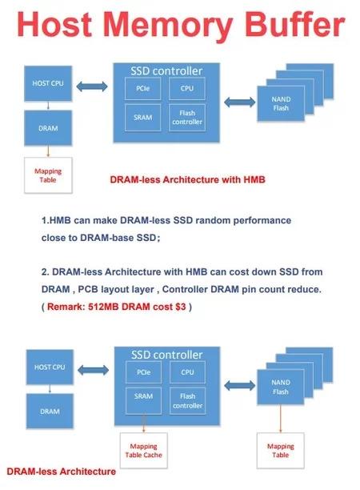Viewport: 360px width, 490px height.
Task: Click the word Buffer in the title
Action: pos(294,24)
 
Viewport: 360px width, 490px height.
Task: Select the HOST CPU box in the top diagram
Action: pos(48,83)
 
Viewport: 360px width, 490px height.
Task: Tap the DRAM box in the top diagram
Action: pos(48,128)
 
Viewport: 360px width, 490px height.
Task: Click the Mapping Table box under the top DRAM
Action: pos(48,175)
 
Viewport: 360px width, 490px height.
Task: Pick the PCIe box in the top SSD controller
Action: pos(143,88)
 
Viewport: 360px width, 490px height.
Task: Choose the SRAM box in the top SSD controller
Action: pos(143,118)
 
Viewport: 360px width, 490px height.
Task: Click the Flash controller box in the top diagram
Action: pos(187,118)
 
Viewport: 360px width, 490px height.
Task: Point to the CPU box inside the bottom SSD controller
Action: pos(187,372)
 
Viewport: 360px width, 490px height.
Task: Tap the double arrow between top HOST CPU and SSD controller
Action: pos(92,86)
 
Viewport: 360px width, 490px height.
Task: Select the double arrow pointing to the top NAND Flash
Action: pos(239,102)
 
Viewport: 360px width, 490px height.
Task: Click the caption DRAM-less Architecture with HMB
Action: pos(188,179)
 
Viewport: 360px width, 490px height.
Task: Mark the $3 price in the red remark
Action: pos(181,307)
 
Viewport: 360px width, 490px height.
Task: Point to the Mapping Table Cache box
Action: pos(144,451)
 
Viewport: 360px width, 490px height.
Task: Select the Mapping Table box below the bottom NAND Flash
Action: pos(280,451)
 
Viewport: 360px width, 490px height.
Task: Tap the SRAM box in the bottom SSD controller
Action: pos(144,401)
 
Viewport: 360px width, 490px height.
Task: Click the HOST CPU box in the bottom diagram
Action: pos(50,367)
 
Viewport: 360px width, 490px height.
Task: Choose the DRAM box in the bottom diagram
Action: pos(50,412)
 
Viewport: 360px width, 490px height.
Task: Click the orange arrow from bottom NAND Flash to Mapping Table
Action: pos(280,419)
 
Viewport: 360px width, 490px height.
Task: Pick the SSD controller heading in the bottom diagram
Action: pos(167,355)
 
